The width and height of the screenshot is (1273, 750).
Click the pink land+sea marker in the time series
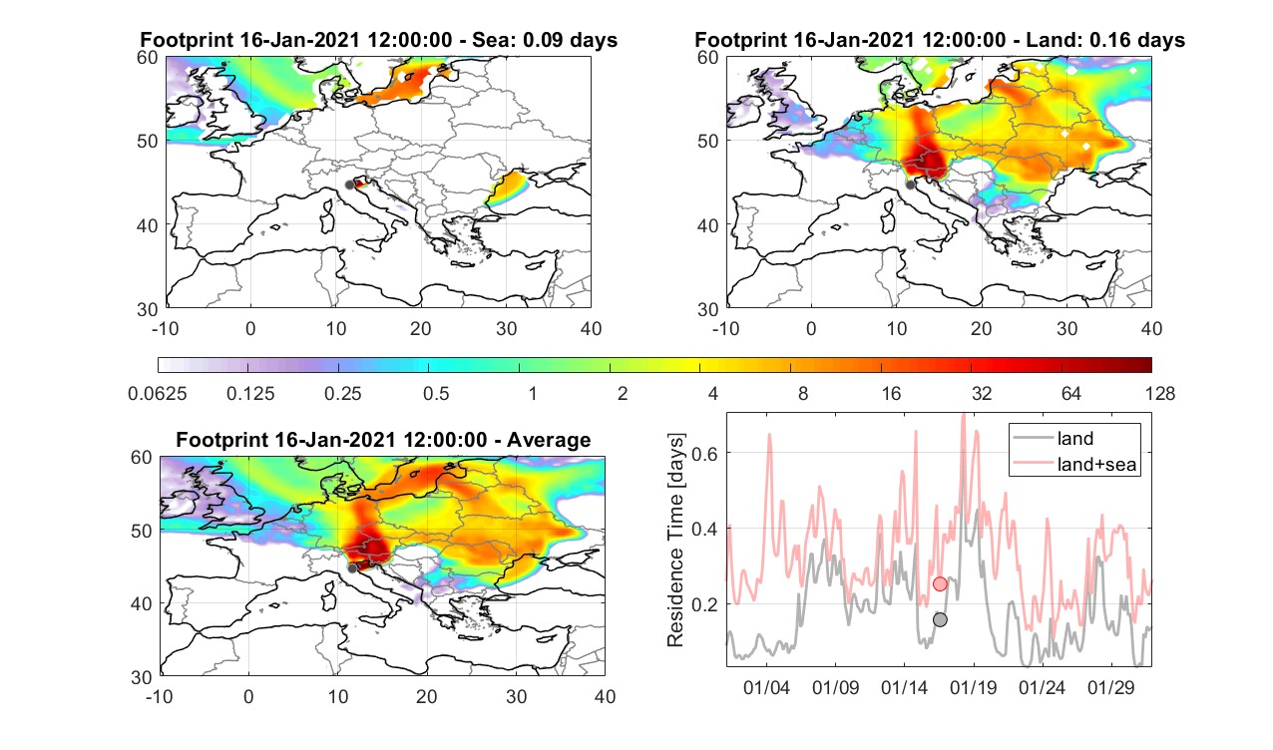click(x=940, y=583)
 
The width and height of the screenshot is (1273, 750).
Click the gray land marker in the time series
click(x=940, y=619)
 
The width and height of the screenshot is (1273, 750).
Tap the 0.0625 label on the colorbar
click(x=158, y=393)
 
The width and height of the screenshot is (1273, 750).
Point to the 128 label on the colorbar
click(x=1160, y=393)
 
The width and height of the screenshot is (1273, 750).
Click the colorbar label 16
click(x=891, y=393)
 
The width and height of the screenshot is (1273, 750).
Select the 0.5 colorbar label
click(x=436, y=393)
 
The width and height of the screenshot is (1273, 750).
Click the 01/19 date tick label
click(x=974, y=687)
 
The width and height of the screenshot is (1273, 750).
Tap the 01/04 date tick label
click(x=766, y=687)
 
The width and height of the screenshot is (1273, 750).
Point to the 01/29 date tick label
click(x=1111, y=687)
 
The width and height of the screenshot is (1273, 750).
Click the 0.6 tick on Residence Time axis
click(x=704, y=454)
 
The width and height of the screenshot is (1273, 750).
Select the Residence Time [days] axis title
click(x=675, y=540)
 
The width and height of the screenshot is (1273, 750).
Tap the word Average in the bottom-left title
click(x=549, y=440)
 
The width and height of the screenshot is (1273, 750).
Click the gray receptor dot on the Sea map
click(x=349, y=185)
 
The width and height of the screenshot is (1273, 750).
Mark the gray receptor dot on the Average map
click(x=352, y=568)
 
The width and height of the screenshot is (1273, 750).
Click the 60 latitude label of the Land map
click(x=708, y=58)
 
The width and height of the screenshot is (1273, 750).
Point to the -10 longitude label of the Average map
click(x=160, y=696)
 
